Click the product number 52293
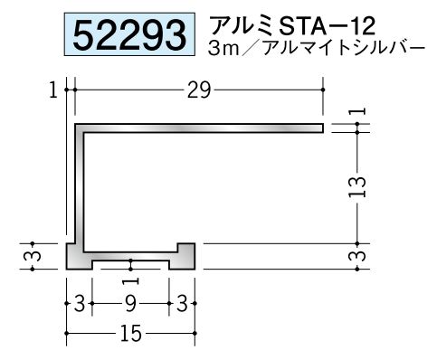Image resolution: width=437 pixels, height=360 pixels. [x=129, y=34]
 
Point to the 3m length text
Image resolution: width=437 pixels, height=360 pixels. [x=223, y=49]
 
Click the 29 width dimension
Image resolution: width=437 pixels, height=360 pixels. [x=198, y=90]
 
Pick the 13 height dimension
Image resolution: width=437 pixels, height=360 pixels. [x=357, y=187]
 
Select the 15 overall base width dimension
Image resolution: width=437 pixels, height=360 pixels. [x=130, y=334]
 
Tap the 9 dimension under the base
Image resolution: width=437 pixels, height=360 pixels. [x=130, y=304]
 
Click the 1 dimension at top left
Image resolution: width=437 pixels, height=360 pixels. [x=53, y=90]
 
